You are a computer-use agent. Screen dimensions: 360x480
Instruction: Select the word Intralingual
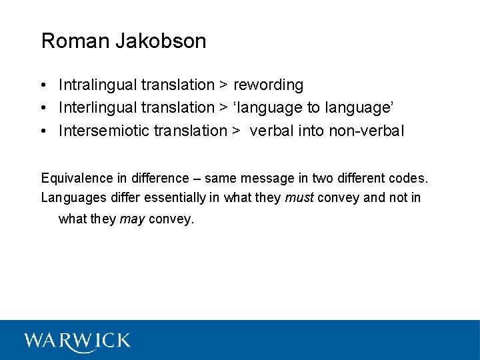97,85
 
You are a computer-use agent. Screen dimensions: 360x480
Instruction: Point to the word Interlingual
98,107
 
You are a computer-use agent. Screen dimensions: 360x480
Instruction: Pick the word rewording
268,85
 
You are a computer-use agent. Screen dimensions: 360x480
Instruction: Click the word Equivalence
77,178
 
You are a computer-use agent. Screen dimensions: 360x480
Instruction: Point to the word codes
408,178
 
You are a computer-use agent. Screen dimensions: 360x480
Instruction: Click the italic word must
299,197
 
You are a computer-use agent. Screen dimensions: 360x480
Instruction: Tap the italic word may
132,219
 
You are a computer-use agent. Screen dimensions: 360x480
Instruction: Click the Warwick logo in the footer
77,341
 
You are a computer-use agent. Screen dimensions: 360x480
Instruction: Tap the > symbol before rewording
224,85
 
